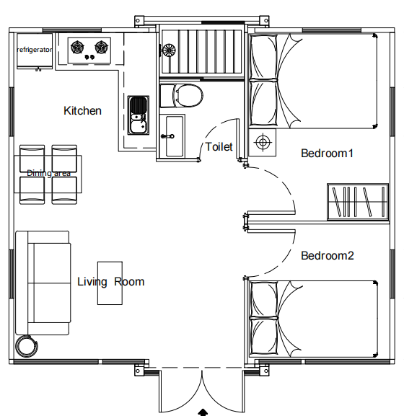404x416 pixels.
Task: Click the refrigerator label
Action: point(34,50)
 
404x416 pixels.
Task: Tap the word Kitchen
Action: point(82,110)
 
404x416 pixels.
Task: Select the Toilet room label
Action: point(219,146)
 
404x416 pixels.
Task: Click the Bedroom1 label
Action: point(327,154)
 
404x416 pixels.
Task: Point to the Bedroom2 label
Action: point(328,256)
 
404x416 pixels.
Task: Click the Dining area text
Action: point(49,173)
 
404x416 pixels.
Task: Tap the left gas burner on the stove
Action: point(78,48)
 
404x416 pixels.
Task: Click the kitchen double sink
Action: point(139,115)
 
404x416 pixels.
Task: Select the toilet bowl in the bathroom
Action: point(182,95)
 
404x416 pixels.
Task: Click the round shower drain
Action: point(169,50)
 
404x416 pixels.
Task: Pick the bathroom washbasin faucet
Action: point(168,136)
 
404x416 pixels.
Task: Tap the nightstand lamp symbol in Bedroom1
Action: point(263,143)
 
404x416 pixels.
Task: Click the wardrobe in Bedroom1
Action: point(358,202)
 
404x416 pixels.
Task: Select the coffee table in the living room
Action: point(110,283)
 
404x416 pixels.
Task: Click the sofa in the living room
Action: point(43,283)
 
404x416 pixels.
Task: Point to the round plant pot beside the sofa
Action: point(27,346)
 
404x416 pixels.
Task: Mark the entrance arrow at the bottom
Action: point(203,412)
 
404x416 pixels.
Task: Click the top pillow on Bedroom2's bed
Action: point(264,299)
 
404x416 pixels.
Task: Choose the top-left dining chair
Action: point(32,159)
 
